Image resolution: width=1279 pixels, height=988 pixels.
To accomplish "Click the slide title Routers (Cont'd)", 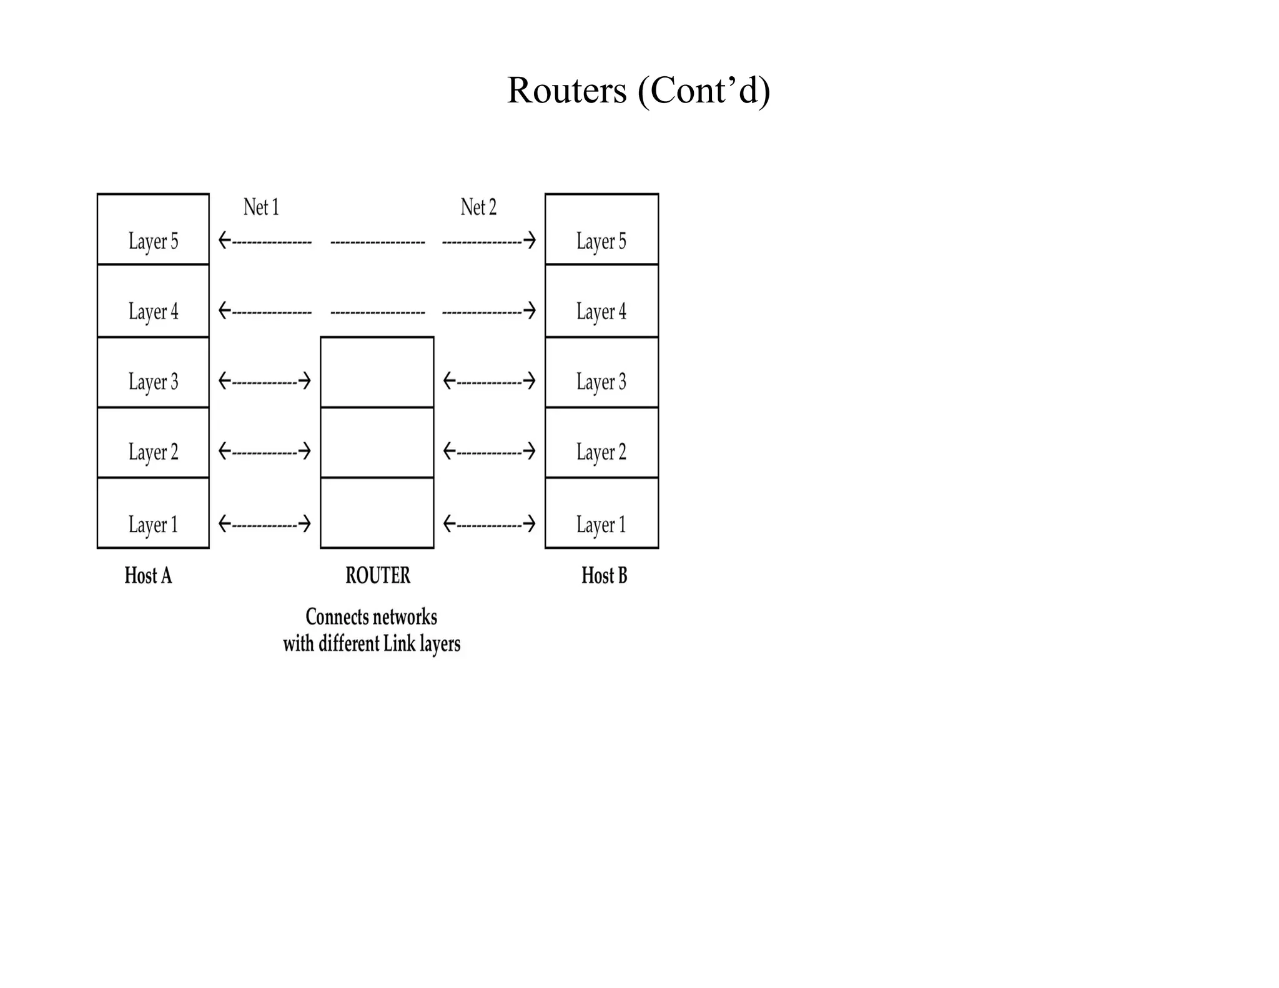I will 638,91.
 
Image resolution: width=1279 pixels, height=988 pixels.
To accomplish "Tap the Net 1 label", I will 261,207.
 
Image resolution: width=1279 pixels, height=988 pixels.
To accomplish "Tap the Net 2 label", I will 478,207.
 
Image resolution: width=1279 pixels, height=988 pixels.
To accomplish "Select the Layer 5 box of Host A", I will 153,229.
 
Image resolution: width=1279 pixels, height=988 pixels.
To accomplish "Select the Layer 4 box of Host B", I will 601,301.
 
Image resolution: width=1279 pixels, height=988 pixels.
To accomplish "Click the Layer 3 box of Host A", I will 153,373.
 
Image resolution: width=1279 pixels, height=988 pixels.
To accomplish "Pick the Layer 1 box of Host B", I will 601,513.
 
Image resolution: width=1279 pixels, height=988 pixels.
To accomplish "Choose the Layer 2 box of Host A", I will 153,443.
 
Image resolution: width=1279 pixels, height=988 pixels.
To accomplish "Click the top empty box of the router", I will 377,373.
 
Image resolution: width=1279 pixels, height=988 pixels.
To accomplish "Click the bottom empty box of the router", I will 377,513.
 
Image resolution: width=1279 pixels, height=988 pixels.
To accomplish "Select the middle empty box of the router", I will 377,443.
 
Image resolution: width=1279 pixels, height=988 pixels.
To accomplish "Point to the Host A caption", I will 148,575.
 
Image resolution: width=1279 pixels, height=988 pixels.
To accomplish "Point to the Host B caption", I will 604,575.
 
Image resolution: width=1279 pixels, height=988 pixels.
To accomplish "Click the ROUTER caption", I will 378,575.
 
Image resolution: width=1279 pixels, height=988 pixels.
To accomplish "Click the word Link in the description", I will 399,644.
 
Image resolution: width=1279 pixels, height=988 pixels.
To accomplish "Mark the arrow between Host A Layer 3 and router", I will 264,381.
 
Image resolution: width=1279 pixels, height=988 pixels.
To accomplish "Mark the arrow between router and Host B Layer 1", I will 489,523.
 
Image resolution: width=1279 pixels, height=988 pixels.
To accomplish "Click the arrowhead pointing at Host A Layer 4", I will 224,310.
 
